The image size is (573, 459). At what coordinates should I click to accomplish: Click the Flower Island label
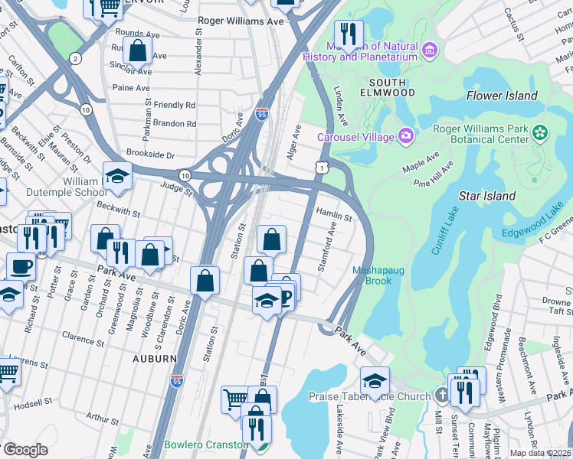(502, 96)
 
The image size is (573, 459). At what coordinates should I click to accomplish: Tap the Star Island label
(486, 196)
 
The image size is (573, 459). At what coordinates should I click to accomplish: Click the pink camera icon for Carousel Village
(405, 137)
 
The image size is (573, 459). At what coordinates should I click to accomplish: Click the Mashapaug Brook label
(372, 275)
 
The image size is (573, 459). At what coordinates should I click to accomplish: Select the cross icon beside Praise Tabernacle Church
(440, 396)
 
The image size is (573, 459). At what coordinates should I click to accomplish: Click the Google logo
(25, 449)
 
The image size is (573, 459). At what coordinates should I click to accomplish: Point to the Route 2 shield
(74, 58)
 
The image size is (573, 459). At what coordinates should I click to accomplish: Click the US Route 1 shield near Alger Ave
(324, 166)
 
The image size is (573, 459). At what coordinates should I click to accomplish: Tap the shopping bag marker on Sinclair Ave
(138, 52)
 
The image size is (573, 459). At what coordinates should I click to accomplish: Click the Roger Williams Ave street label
(241, 21)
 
